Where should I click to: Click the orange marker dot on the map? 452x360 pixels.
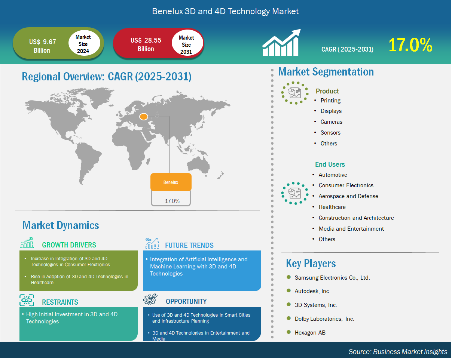pos(144,117)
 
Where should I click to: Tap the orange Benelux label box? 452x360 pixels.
pos(171,182)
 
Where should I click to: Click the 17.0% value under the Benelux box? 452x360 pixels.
pos(172,201)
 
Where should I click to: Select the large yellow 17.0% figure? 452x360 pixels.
pos(410,45)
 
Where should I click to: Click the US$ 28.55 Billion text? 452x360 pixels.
pos(146,44)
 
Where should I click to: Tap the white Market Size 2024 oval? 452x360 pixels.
pos(84,44)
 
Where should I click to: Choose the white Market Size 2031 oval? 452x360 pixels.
pos(187,44)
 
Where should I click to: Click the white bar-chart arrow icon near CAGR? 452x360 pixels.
pos(281,43)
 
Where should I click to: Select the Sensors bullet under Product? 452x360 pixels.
pos(330,133)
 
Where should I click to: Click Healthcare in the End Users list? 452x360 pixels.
pos(332,207)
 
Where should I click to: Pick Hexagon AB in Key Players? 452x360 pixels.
pos(310,332)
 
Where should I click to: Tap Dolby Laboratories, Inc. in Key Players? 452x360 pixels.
pos(324,319)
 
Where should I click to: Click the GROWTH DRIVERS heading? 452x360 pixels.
pos(69,245)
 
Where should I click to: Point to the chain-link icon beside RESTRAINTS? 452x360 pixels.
pos(27,300)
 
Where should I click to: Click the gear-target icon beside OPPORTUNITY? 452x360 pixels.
pos(150,299)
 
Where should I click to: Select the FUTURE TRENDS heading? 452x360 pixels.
pos(189,245)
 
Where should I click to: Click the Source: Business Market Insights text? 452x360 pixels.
pos(398,352)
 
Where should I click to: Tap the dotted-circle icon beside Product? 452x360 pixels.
pos(295,93)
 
